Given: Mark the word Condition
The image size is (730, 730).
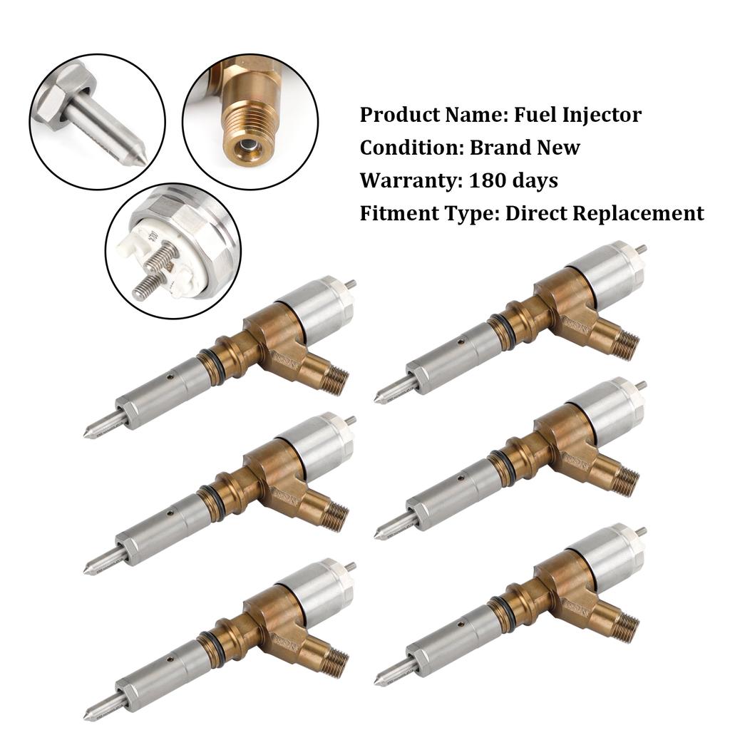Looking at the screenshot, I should [411, 148].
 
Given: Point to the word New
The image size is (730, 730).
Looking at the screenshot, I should [560, 148].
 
